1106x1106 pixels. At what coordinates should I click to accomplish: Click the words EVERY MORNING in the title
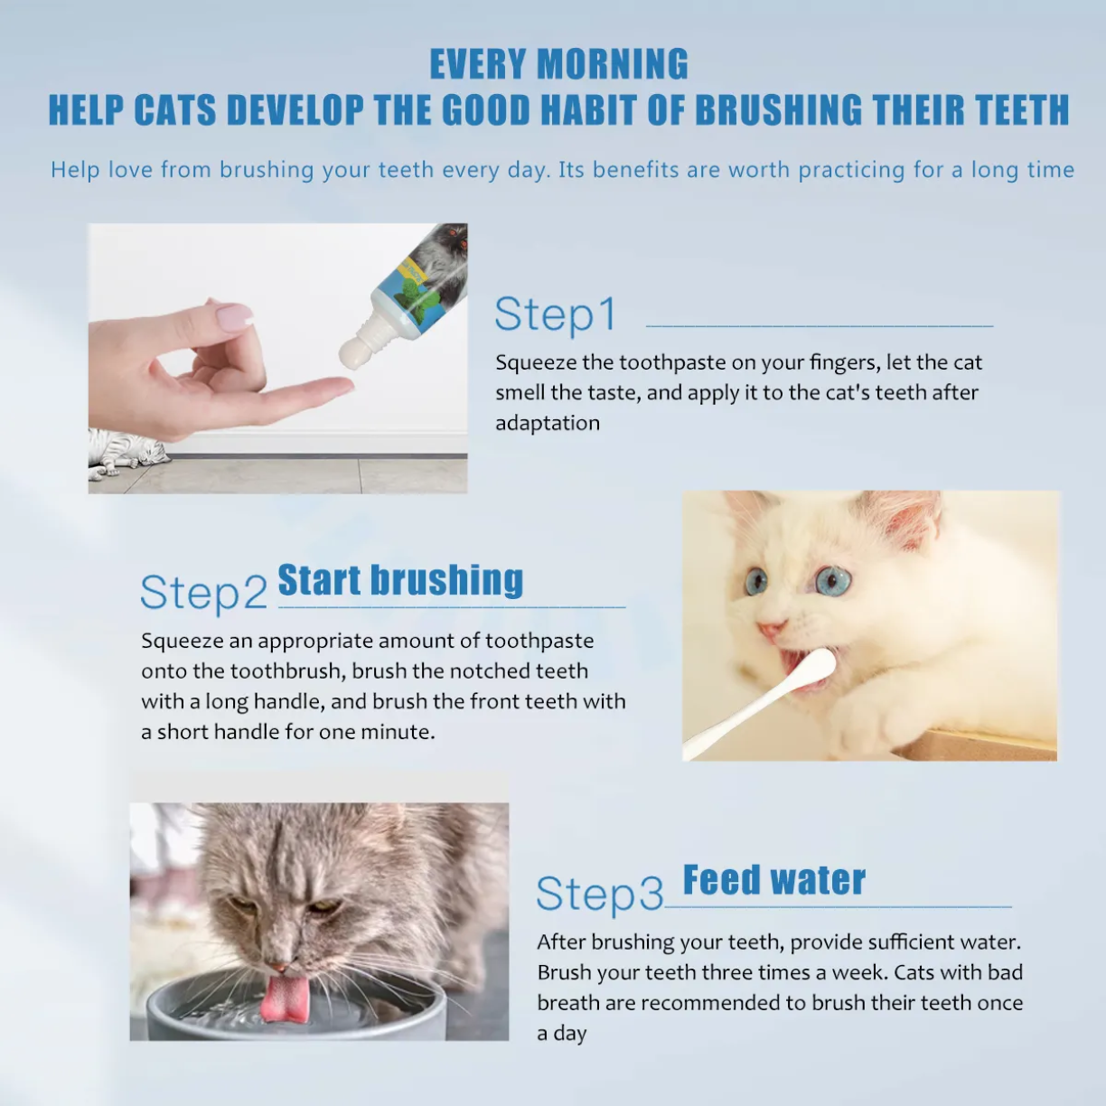click(558, 65)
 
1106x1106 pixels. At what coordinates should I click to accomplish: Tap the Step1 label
click(555, 315)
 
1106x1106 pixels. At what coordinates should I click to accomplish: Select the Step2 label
click(203, 594)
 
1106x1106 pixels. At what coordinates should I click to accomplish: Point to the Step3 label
click(600, 894)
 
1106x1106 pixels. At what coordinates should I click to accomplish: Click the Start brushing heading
click(400, 580)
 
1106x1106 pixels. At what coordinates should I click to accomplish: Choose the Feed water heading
click(773, 880)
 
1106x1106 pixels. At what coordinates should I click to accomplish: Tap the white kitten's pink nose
click(769, 629)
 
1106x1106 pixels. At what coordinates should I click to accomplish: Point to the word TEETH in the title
click(1017, 110)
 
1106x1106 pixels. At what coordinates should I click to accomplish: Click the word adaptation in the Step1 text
click(547, 423)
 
